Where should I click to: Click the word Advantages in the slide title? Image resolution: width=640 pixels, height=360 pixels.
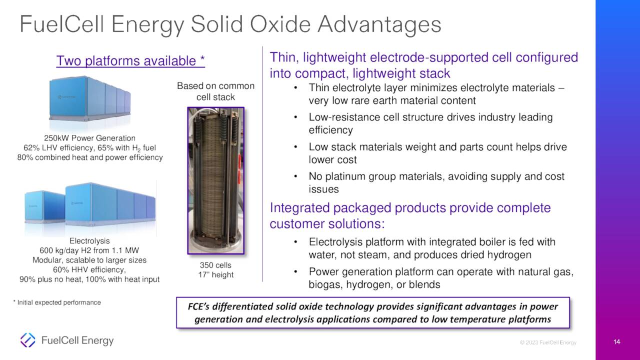click(x=379, y=24)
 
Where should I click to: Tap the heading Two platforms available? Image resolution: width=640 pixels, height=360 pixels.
click(x=130, y=61)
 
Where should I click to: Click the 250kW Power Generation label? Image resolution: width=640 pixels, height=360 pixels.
click(x=89, y=138)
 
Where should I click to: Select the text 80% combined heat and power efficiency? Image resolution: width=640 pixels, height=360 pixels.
click(x=89, y=157)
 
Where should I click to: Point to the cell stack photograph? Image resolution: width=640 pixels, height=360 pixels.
click(x=215, y=180)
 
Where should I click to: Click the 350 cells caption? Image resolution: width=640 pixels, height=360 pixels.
click(x=215, y=265)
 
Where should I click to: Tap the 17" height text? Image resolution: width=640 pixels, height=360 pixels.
click(x=215, y=275)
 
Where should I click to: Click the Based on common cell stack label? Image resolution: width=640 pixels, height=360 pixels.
click(x=215, y=91)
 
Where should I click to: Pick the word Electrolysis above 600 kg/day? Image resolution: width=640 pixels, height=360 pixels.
click(x=89, y=241)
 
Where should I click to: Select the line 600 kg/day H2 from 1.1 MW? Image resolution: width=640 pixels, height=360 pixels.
click(x=89, y=250)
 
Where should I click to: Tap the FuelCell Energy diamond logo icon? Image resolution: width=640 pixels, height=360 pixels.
click(x=27, y=340)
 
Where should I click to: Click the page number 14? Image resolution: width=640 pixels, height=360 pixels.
click(x=616, y=341)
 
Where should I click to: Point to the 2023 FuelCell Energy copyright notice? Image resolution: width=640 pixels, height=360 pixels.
click(x=548, y=342)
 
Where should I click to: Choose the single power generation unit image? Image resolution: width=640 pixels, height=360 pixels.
click(x=89, y=98)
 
